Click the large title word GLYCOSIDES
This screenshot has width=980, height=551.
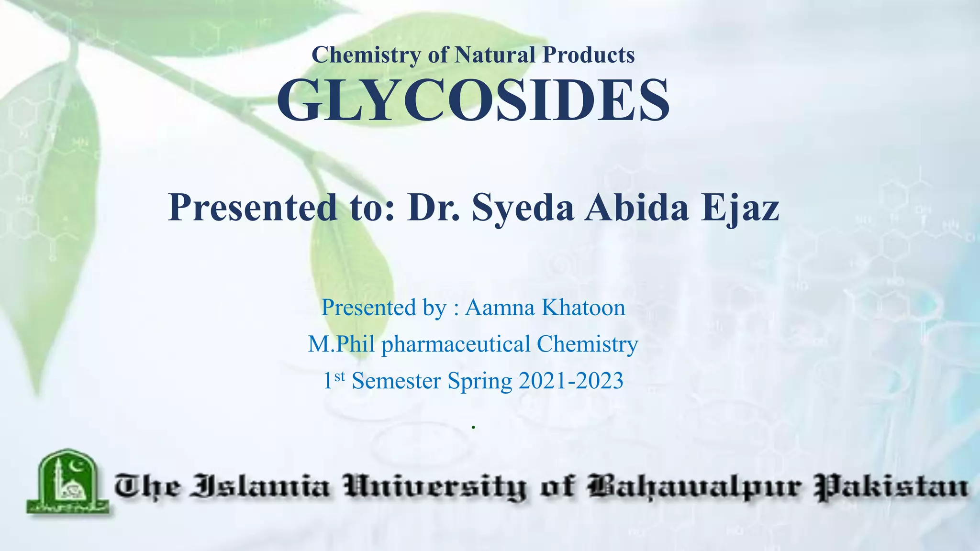473,101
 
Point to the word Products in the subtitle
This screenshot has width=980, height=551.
589,55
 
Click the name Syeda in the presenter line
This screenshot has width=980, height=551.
523,208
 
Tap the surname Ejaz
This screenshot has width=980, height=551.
740,208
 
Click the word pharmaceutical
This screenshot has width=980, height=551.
456,344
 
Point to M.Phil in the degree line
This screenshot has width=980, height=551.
341,344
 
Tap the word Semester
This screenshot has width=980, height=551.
396,381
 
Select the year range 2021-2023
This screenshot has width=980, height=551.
571,381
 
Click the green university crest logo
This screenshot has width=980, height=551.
67,482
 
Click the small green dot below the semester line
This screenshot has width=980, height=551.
473,427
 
